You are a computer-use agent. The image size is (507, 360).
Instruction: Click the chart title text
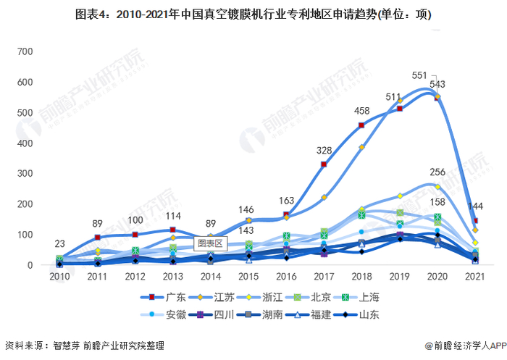pos(253,14)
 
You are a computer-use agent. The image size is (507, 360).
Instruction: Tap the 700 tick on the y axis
pos(25,51)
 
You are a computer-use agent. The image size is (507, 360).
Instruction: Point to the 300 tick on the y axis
pos(25,174)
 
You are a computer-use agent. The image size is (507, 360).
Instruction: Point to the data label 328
pos(324,151)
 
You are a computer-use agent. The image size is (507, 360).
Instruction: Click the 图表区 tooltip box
pos(210,244)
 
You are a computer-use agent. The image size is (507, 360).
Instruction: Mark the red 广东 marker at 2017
pos(324,164)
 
